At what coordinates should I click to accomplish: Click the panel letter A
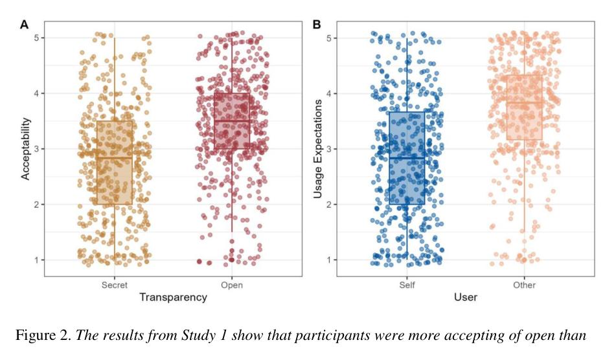[x=25, y=25]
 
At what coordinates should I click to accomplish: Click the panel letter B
[x=317, y=25]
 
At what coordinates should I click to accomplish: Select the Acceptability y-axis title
[x=26, y=148]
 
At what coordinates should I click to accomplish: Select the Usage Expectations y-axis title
[x=318, y=148]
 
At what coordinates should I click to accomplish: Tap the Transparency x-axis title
[x=173, y=297]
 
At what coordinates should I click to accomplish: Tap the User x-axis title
[x=465, y=297]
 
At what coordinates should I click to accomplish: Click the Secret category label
[x=115, y=285]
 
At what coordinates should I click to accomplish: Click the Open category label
[x=231, y=285]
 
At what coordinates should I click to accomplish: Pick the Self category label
[x=407, y=285]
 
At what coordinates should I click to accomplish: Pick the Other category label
[x=524, y=285]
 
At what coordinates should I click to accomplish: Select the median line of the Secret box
[x=115, y=158]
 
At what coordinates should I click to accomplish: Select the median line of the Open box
[x=231, y=121]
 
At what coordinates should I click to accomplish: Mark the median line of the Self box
[x=407, y=158]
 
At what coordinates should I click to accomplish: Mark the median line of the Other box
[x=524, y=102]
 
